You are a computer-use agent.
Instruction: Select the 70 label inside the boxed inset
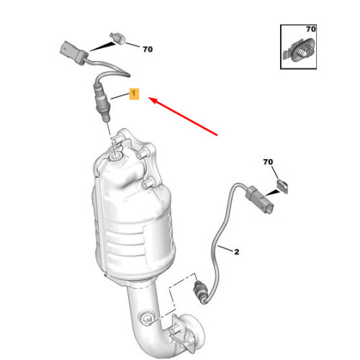[310, 29]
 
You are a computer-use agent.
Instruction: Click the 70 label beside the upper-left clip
[148, 50]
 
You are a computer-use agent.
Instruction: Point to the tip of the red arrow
[150, 99]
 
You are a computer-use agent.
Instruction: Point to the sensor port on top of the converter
[115, 150]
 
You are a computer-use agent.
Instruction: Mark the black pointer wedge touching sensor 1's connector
[98, 47]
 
